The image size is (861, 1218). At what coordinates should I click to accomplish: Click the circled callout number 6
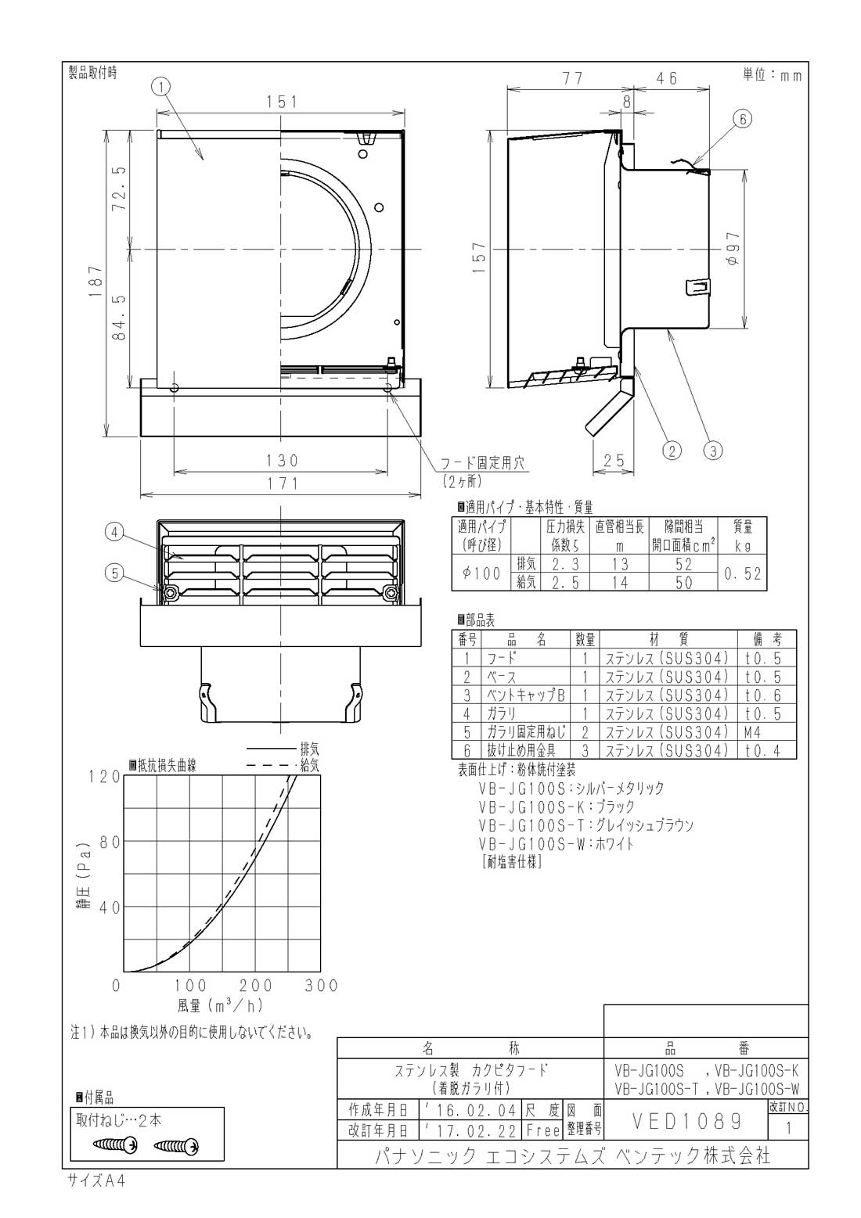(742, 119)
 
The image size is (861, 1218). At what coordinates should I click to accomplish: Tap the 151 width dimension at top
(281, 102)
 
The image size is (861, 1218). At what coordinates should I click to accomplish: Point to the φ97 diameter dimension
(733, 249)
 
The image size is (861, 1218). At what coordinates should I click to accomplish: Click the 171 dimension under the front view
(281, 483)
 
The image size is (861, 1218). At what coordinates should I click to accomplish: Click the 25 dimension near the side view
(615, 461)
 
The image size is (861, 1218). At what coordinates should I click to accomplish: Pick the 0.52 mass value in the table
(742, 573)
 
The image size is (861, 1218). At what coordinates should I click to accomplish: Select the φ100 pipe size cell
(481, 573)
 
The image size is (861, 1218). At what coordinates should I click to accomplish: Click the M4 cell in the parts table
(753, 732)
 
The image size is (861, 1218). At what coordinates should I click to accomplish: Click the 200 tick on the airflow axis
(256, 985)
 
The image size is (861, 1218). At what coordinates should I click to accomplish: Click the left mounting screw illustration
(115, 1145)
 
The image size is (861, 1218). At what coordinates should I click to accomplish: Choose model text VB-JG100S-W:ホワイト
(556, 843)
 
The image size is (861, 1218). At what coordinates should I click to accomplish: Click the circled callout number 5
(114, 573)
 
